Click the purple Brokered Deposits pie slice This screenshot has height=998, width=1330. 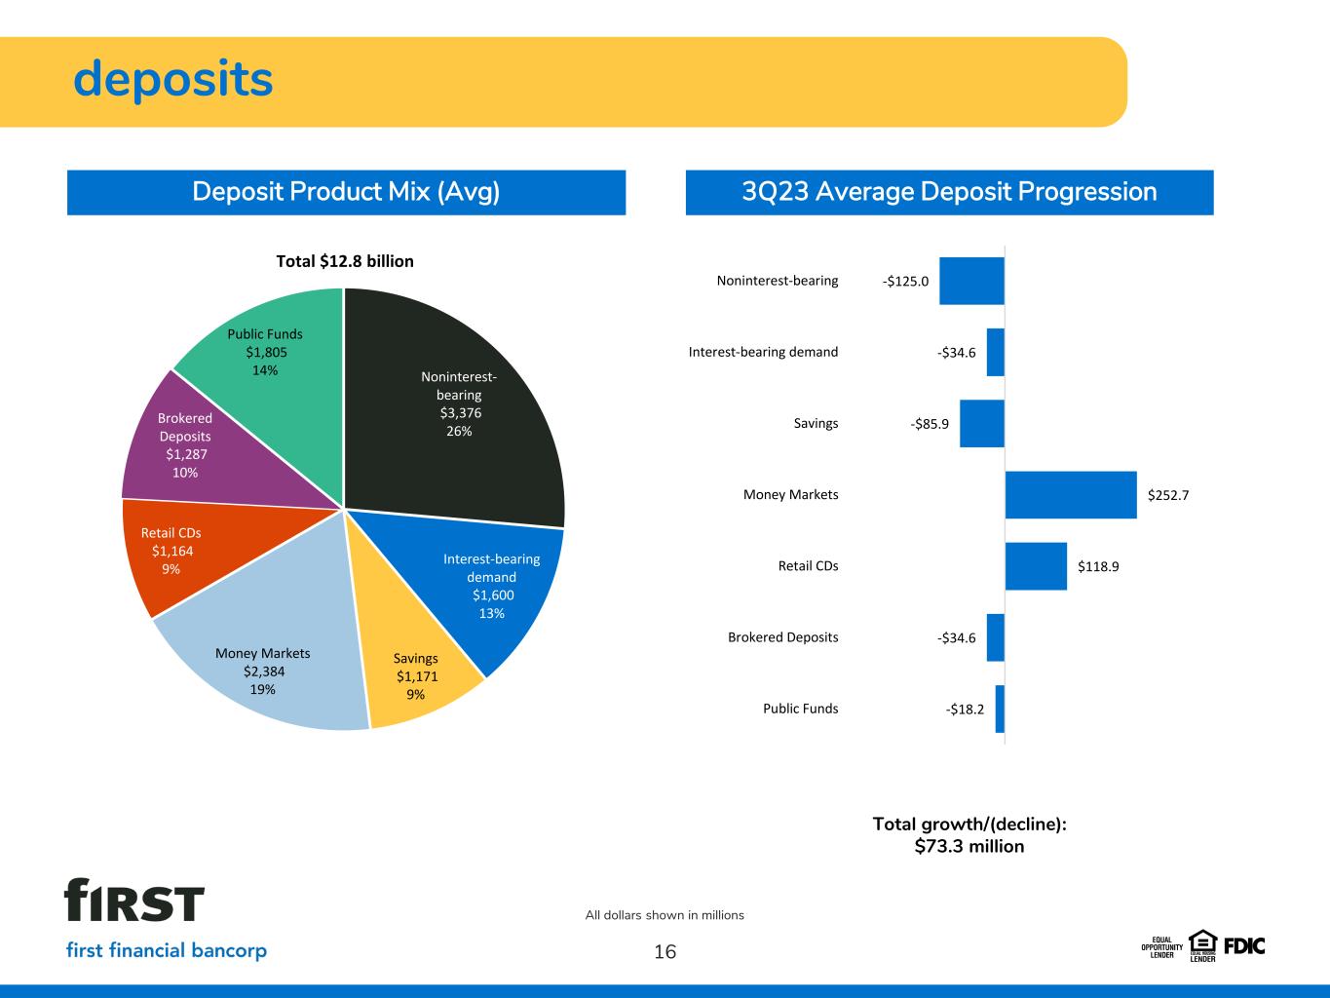(x=200, y=447)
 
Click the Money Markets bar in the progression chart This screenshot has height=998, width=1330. (x=1071, y=494)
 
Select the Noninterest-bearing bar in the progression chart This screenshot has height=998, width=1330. (x=971, y=281)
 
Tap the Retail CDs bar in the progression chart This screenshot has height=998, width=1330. (x=1036, y=566)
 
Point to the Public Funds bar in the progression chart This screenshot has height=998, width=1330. (x=1000, y=709)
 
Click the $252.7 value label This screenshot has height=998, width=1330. (x=1168, y=495)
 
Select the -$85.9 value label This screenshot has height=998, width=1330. (x=930, y=424)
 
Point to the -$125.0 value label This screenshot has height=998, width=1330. (x=905, y=281)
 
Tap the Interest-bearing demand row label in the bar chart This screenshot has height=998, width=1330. (x=763, y=352)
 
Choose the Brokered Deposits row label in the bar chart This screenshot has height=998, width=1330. (x=782, y=636)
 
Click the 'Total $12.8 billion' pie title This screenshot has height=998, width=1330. (x=345, y=261)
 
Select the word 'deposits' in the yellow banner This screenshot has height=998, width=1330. (x=172, y=79)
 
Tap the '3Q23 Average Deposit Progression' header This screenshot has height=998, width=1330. (x=949, y=191)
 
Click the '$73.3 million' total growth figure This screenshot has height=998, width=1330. (x=969, y=846)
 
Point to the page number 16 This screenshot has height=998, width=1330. (x=665, y=951)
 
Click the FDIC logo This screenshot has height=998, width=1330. (x=1244, y=946)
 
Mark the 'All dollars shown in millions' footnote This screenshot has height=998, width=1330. (x=665, y=915)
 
